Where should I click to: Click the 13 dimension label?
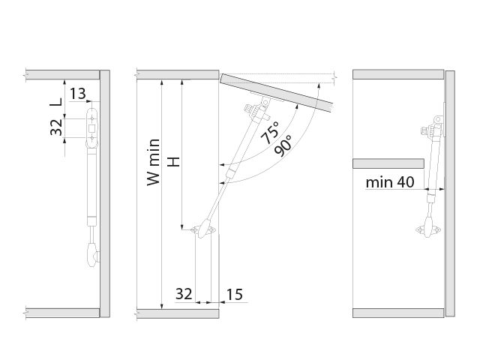tap(78, 94)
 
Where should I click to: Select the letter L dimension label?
tap(56, 102)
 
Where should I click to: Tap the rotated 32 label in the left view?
tap(56, 127)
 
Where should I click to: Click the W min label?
tap(153, 162)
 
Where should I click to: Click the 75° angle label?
tap(270, 133)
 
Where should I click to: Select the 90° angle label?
tap(283, 145)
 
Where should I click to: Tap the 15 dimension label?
tap(235, 294)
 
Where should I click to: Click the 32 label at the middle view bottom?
tap(184, 294)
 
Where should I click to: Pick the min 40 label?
tap(390, 182)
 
